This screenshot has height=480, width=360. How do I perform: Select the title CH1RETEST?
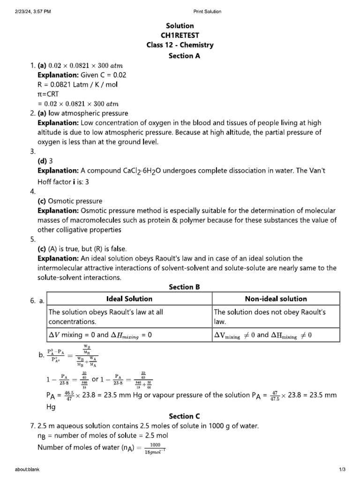click(x=180, y=36)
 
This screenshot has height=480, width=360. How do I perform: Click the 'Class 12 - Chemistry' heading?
click(x=180, y=45)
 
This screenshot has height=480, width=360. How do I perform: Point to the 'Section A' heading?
click(x=180, y=56)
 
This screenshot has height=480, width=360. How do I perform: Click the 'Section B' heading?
click(x=180, y=287)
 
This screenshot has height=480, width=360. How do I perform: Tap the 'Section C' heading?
click(x=180, y=416)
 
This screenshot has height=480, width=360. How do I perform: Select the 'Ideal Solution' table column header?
click(x=130, y=299)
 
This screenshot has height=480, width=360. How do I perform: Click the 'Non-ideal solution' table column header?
click(x=276, y=299)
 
